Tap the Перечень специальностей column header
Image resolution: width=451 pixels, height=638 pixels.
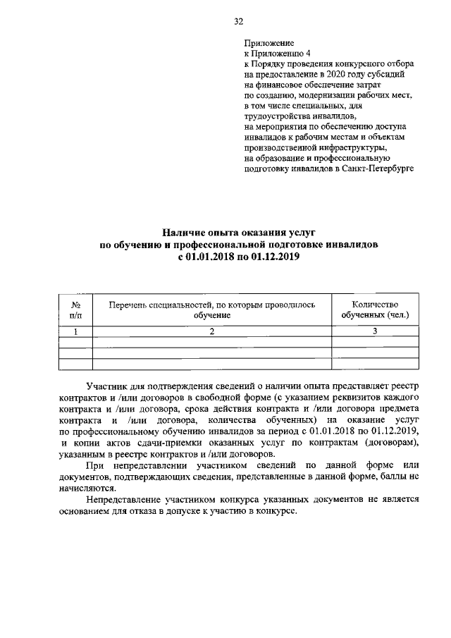[212, 309]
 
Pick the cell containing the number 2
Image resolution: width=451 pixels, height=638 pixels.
[212, 332]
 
